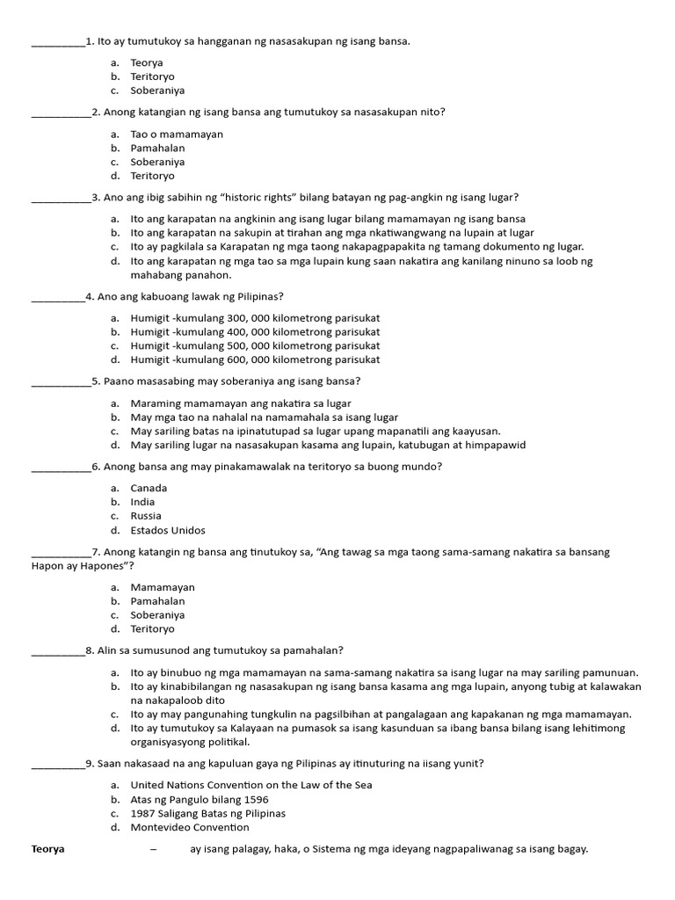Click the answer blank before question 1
58,41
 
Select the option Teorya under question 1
146,62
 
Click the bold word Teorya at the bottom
48,849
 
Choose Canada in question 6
149,488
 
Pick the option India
142,502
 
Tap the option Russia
146,516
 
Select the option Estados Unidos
168,530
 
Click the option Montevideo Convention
190,827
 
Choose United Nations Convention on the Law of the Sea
251,785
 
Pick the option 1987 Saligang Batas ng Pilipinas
207,813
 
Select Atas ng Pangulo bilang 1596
200,799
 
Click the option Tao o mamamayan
177,134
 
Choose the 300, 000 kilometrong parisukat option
255,317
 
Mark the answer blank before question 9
58,764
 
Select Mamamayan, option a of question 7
163,587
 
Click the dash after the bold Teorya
154,849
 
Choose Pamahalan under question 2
157,148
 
